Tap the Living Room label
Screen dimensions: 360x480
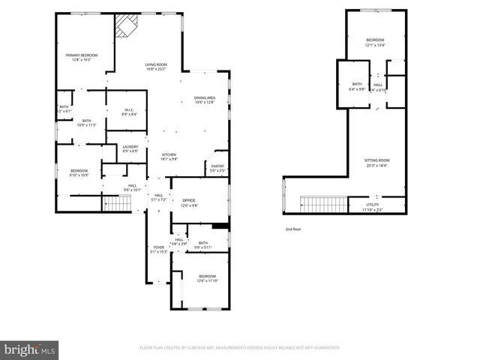tap(156, 64)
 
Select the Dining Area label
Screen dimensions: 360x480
tap(205, 97)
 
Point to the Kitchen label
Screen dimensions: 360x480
tap(169, 154)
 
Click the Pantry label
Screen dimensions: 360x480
tap(217, 166)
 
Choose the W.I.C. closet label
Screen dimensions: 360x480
tap(129, 110)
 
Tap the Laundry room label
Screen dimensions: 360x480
tap(130, 147)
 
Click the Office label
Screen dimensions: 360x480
tap(188, 200)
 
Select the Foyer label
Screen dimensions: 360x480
tap(158, 247)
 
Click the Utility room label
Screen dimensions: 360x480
tap(373, 204)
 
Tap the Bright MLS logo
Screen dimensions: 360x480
tap(30, 349)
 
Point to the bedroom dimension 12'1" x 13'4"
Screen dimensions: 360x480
tap(375, 45)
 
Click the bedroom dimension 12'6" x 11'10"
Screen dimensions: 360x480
tap(207, 280)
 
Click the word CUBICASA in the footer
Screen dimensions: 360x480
tap(214, 348)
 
